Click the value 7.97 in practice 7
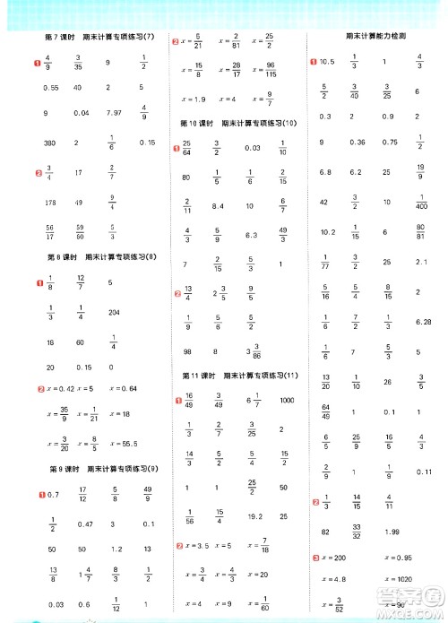click(x=112, y=113)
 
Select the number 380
click(x=49, y=143)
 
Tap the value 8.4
click(x=217, y=207)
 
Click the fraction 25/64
click(x=187, y=147)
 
